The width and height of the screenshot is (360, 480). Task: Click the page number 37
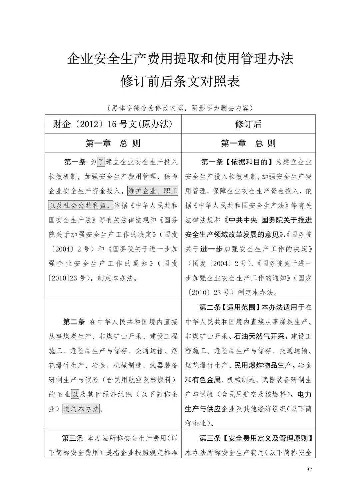click(309, 470)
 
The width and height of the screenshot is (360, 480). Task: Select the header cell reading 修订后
click(248, 124)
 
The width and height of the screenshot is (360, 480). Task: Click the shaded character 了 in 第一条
click(101, 162)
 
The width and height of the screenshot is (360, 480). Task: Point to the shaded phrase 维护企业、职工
click(153, 191)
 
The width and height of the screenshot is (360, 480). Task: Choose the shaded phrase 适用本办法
click(81, 409)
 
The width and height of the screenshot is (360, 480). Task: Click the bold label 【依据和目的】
click(248, 162)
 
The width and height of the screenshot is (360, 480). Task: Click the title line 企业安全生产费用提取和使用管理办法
click(180, 59)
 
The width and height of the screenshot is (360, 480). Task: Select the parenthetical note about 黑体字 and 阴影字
click(180, 108)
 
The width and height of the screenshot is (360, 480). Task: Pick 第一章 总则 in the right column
click(248, 144)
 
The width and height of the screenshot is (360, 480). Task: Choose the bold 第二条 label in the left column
click(74, 322)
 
